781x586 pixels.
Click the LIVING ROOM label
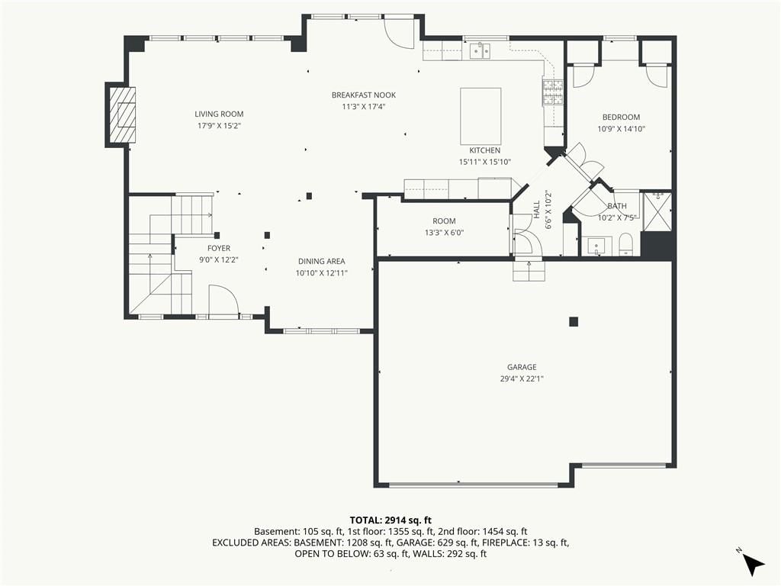tap(219, 114)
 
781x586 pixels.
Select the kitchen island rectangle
tap(480, 116)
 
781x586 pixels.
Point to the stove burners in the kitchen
tap(552, 92)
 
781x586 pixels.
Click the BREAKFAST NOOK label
tap(364, 95)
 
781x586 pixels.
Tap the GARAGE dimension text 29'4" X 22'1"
tap(522, 378)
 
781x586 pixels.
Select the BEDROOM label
tap(621, 117)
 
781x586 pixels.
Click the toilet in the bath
tap(626, 244)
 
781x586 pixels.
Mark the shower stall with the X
tap(657, 211)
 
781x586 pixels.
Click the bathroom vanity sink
tap(596, 246)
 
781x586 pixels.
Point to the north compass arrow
tap(754, 565)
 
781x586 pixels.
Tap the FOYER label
tap(219, 248)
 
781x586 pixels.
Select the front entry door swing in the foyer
tap(222, 300)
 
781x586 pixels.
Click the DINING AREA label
tap(322, 261)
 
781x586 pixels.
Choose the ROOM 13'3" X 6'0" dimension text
tap(445, 233)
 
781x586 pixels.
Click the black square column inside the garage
tap(574, 322)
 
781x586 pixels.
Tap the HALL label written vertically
tap(536, 209)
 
